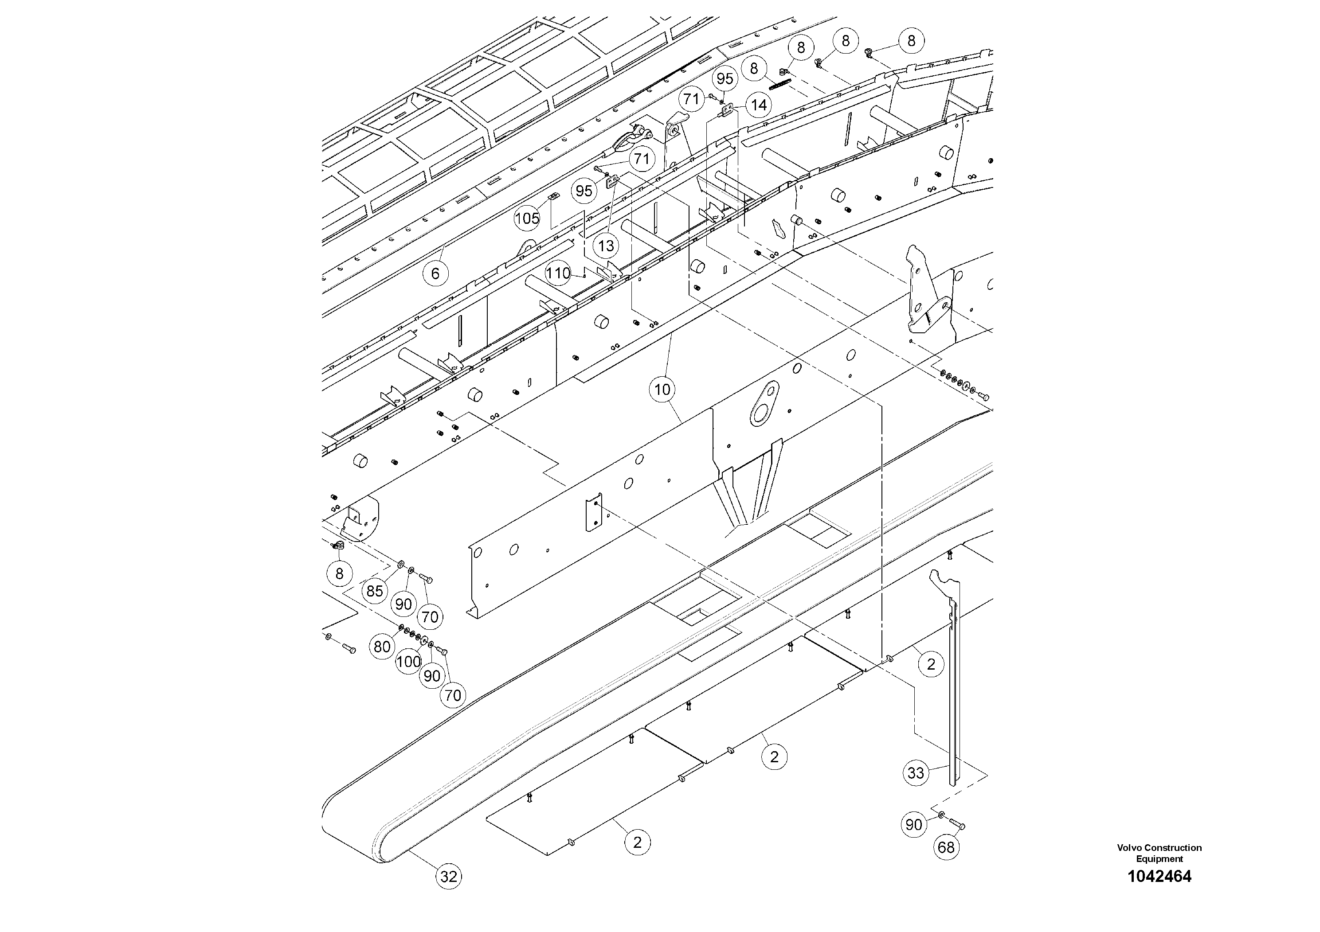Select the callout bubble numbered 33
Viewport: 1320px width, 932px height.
coord(915,772)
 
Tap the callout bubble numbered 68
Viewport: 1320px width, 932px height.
coord(946,847)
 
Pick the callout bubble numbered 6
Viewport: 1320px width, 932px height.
coord(435,273)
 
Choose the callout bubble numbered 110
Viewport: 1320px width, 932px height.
coord(558,273)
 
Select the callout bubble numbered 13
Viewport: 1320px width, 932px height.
coord(606,246)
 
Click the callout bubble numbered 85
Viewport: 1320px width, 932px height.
coord(374,591)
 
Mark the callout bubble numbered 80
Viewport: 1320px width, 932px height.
coord(382,647)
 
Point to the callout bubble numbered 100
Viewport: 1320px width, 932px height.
coord(408,661)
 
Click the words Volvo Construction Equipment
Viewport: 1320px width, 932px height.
coord(1159,853)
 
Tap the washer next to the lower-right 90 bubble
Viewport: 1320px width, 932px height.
coord(941,815)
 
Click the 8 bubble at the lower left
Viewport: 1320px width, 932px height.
coord(339,573)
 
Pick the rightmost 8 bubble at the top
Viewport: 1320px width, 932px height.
coord(911,41)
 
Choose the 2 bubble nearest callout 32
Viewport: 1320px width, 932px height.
coord(637,843)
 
